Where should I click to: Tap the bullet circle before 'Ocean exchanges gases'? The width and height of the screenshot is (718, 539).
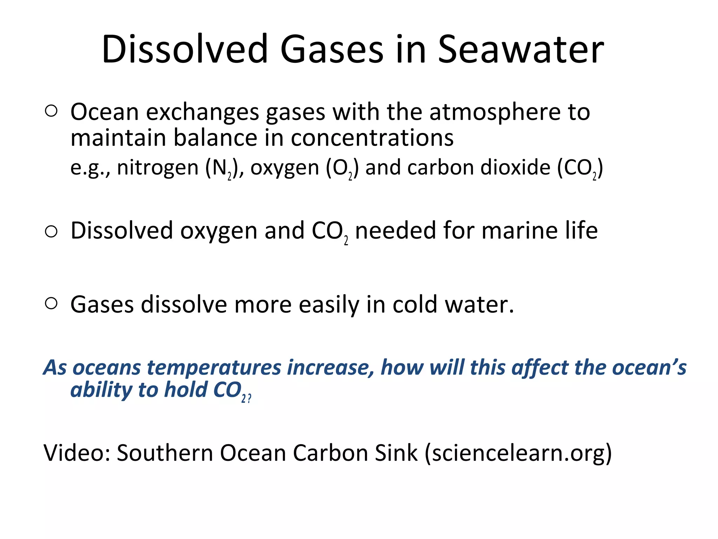click(51, 111)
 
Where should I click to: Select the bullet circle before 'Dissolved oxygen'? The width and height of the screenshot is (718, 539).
click(51, 232)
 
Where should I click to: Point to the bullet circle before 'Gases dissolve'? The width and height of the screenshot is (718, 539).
click(51, 304)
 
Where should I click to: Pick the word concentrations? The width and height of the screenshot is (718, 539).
click(372, 138)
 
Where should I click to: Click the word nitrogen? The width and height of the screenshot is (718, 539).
click(158, 168)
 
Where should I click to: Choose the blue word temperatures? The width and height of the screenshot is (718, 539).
click(214, 368)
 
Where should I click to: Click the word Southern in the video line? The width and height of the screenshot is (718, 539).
click(164, 453)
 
